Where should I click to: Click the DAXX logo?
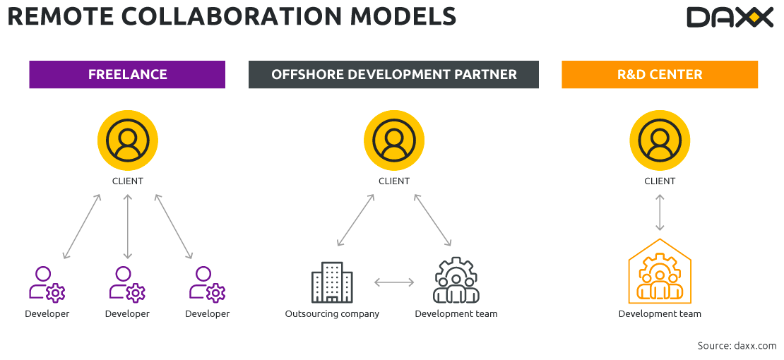coord(730,17)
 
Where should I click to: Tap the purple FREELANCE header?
coord(127,74)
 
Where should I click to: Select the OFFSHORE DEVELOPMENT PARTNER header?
coord(393,74)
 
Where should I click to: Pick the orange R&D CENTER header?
coord(660,74)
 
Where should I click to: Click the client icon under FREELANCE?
coord(128,140)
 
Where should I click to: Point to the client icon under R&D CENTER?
coord(660,140)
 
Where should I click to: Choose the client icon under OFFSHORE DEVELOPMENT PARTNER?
coord(394,140)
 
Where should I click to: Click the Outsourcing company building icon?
coord(332,282)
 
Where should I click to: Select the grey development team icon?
coord(456,281)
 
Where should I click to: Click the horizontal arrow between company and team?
coord(394,282)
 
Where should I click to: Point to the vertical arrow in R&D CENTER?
coord(660,212)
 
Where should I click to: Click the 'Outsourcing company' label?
coord(332,314)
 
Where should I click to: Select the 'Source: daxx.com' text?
coord(737,346)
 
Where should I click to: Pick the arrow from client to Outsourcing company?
coord(355,220)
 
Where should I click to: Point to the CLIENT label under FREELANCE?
coord(128,181)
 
